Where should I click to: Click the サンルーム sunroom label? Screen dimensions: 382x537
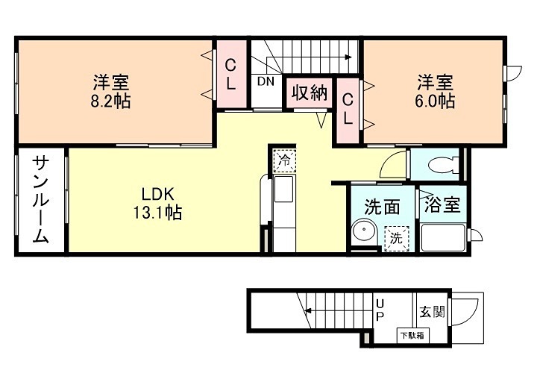point(41,201)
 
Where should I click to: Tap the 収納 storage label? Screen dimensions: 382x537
point(309,93)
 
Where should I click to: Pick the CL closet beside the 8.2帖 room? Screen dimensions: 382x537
point(231,75)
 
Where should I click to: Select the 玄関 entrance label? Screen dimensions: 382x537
point(432,311)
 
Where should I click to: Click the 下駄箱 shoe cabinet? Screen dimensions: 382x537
point(409,335)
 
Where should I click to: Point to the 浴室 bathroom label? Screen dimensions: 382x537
point(441,205)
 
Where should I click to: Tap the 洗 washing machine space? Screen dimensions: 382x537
point(395,239)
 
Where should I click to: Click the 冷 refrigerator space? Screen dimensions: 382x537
point(283,159)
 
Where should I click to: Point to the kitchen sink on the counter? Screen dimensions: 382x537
point(283,190)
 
